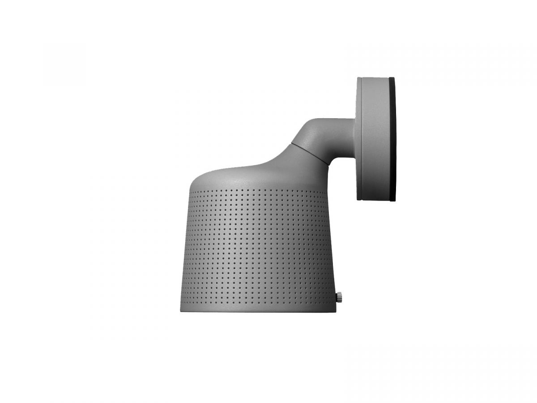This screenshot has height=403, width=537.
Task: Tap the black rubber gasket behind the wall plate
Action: coord(392,139)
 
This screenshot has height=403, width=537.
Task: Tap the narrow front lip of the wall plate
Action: coord(359,139)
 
